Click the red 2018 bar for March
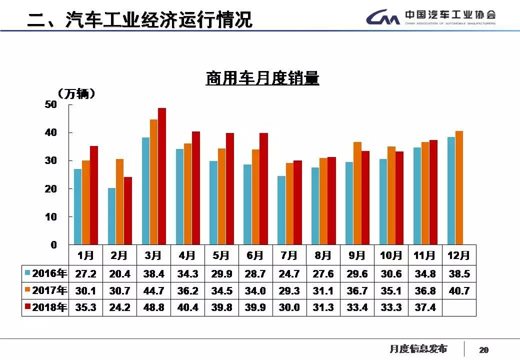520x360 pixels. [162, 176]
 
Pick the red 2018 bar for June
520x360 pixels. [263, 188]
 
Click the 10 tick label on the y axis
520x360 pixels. [51, 217]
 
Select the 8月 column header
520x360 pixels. [323, 255]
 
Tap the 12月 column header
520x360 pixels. [459, 255]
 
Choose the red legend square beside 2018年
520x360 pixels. [27, 307]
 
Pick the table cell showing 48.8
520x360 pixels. [153, 307]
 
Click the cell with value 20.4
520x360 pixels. [119, 274]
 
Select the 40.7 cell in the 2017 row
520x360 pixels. [459, 291]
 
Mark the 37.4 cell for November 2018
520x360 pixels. [425, 307]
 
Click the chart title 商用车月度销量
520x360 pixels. [262, 78]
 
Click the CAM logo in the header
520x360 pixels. [382, 18]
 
